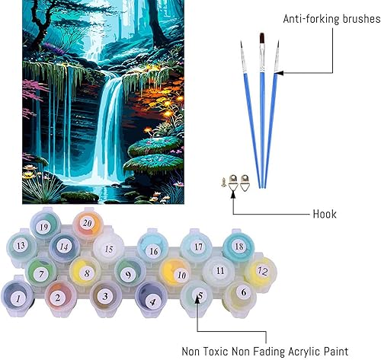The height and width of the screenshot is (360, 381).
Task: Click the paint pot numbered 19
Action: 44,226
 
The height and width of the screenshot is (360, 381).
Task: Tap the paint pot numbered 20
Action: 88,223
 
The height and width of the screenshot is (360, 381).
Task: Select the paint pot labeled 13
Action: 21,245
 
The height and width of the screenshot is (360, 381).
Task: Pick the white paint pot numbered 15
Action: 108,248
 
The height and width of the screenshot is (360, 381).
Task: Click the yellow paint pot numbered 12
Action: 262,270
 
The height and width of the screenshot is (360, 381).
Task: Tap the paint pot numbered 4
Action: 152,299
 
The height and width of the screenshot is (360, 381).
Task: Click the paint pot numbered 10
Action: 180,273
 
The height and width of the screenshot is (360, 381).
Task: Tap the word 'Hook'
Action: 324,213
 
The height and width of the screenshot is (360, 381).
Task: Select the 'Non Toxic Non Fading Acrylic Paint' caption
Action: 260,351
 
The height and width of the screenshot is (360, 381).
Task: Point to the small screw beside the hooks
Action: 221,182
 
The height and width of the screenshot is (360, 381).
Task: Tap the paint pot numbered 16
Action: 153,250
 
